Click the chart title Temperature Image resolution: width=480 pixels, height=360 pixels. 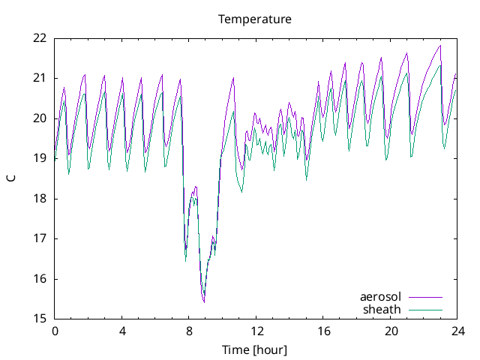click(255, 19)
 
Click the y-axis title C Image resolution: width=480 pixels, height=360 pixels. click(10, 178)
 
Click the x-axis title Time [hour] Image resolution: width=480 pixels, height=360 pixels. click(255, 350)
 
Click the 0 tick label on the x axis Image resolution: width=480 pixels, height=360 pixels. click(55, 331)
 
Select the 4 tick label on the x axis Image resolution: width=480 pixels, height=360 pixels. click(122, 331)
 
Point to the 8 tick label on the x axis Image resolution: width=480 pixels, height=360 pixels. click(189, 331)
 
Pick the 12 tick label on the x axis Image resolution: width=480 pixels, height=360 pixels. click(256, 331)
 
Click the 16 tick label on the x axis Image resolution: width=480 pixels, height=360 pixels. click(323, 331)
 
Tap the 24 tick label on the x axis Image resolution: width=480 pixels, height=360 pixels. click(457, 331)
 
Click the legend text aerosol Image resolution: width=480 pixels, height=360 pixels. click(381, 297)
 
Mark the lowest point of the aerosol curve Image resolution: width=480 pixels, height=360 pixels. click(204, 301)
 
